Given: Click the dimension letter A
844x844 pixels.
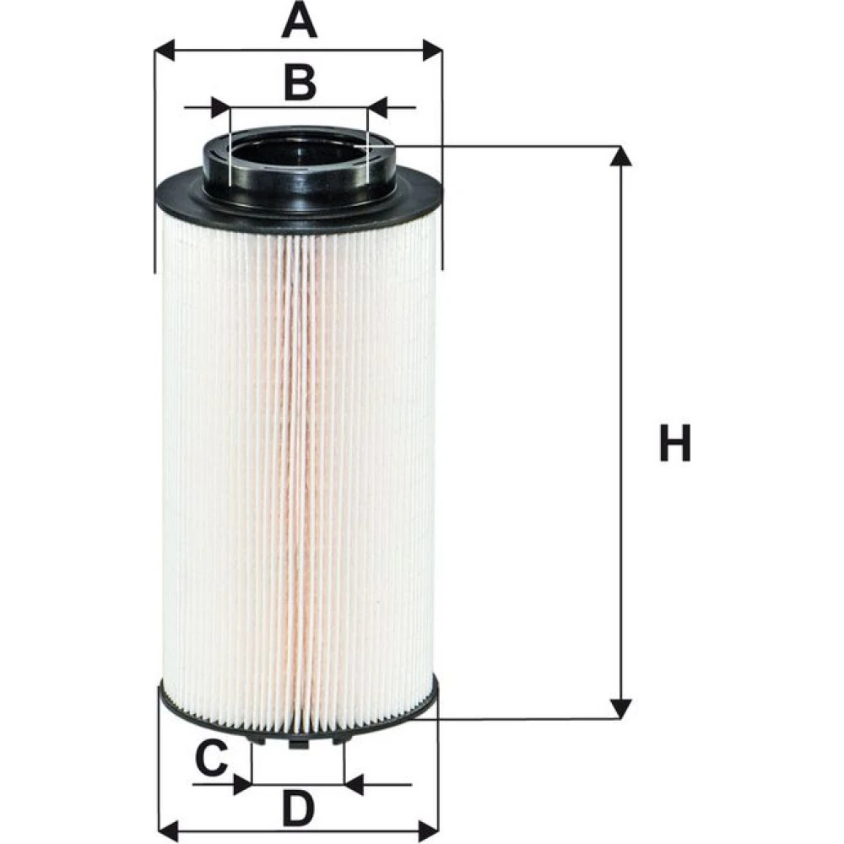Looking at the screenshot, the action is [x=299, y=21].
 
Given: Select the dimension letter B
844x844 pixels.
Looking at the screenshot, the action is [x=300, y=84].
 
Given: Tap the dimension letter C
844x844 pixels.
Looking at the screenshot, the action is [x=212, y=758].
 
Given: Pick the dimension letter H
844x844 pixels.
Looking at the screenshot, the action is [x=675, y=442].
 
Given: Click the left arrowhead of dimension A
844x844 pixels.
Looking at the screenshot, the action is [x=165, y=51].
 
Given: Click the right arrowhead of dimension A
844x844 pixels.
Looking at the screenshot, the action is [x=432, y=51].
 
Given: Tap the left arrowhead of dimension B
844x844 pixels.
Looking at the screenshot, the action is [x=220, y=108].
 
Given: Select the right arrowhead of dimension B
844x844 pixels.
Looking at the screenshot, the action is [x=377, y=108].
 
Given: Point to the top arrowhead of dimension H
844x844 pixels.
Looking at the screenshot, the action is [x=621, y=156].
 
